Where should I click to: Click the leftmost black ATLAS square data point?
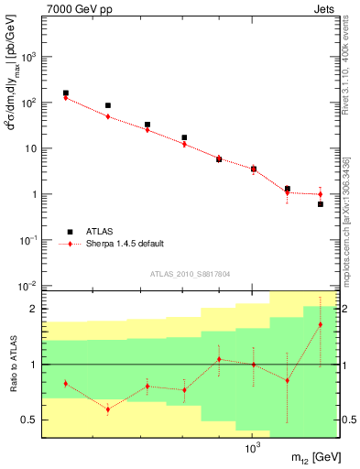click(x=66, y=93)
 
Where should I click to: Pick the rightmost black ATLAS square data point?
click(x=321, y=203)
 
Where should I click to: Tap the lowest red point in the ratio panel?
click(x=108, y=409)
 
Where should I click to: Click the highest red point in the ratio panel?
click(x=321, y=324)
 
